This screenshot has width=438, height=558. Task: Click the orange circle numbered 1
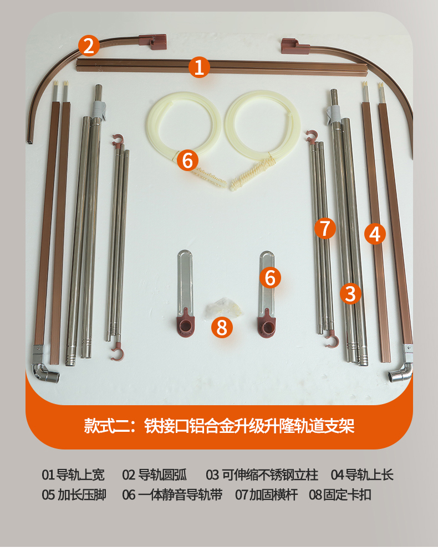pos(199,67)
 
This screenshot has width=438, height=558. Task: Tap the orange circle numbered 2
pos(89,46)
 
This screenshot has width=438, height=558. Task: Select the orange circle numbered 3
pos(350,293)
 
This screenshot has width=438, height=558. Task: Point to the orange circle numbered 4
pos(375,234)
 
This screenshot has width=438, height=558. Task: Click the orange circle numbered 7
pos(325,228)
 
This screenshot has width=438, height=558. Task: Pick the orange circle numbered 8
pos(222,327)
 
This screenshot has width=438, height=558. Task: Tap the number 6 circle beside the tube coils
pos(188,160)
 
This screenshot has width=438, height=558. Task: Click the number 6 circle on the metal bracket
pos(270,277)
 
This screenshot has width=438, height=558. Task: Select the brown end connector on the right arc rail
pos(294,46)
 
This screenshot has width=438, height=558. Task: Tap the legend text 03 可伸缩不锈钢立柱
pos(262,475)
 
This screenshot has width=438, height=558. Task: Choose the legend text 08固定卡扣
pos(340,495)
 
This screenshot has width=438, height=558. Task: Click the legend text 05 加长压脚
pos(74,495)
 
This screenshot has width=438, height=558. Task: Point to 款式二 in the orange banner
pos(105,426)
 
